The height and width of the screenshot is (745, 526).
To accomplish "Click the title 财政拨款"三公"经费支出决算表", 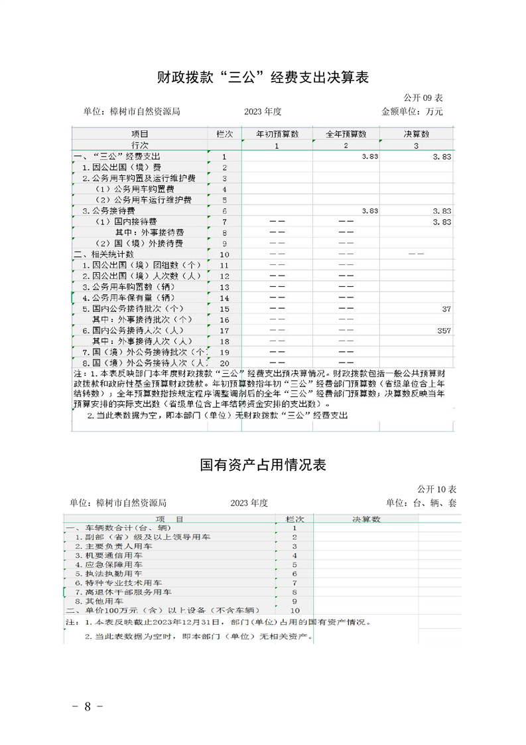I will pos(263,78).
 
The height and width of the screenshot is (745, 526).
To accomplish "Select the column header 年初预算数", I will pos(277,134).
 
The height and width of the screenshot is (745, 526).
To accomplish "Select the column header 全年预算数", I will pos(346,134).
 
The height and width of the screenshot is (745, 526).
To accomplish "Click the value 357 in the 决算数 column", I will pos(443,330).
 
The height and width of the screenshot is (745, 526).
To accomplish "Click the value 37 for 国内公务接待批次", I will pos(446,309).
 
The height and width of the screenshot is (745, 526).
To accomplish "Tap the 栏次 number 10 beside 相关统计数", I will pos(224,254).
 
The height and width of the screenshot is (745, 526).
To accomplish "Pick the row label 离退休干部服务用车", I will pos(123,592).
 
